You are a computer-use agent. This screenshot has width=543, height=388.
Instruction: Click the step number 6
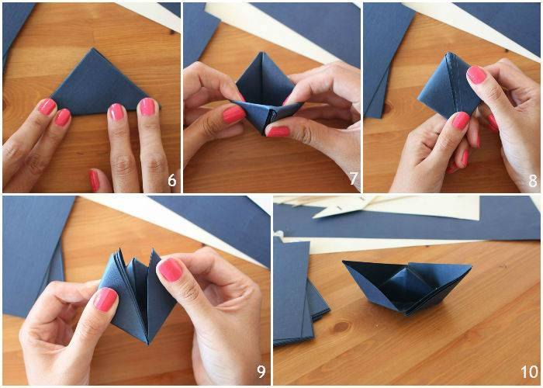(x=172, y=181)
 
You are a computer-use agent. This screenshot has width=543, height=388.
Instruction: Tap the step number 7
(x=353, y=178)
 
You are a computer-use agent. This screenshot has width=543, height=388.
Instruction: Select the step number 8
(x=534, y=181)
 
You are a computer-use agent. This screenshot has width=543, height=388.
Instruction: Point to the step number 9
(x=261, y=372)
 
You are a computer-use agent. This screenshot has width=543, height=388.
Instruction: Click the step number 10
(x=530, y=372)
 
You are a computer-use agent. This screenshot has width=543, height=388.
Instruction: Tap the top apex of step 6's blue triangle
(x=93, y=48)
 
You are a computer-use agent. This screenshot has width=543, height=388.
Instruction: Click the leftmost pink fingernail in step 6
(x=47, y=107)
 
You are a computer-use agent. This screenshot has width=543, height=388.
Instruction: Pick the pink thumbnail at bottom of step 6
(x=94, y=180)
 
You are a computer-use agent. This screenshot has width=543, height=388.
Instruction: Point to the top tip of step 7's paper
(x=262, y=53)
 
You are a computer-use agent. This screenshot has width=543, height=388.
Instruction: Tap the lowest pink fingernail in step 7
(x=278, y=131)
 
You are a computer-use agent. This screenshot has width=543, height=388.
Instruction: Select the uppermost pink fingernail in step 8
(x=476, y=74)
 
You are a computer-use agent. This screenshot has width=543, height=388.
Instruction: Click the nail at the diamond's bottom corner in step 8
(x=461, y=120)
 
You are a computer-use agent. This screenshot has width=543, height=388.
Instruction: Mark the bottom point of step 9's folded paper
(x=148, y=343)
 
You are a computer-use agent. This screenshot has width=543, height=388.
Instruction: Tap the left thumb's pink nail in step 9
(x=105, y=300)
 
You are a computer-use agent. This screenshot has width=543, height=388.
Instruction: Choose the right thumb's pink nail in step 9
(x=170, y=269)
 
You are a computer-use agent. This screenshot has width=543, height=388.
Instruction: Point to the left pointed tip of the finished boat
(x=344, y=262)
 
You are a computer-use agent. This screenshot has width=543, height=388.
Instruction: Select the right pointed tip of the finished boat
(x=471, y=266)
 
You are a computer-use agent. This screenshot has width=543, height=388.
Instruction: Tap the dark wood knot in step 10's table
(x=341, y=327)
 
